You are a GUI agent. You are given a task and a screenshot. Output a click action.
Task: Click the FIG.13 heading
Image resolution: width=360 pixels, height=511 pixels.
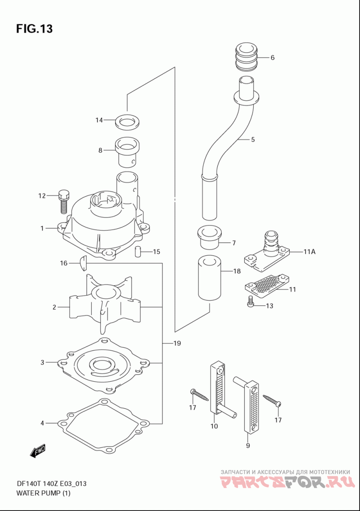[x=34, y=29]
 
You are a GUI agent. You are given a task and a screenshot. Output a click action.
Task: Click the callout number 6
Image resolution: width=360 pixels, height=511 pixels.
[x=272, y=58]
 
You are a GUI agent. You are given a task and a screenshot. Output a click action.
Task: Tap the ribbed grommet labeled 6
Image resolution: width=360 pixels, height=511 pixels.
[x=246, y=57]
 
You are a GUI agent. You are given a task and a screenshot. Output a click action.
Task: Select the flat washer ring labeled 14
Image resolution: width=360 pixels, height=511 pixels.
[x=127, y=121]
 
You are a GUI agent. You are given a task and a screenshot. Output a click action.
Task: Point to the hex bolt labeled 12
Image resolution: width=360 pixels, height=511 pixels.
[x=63, y=201]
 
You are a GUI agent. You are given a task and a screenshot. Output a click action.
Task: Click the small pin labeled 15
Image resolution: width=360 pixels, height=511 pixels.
[x=138, y=252]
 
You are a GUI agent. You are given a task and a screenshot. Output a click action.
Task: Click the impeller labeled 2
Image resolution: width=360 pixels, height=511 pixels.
[x=104, y=304]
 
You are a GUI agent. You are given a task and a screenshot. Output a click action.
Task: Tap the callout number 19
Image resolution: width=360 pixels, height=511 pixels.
[x=177, y=343]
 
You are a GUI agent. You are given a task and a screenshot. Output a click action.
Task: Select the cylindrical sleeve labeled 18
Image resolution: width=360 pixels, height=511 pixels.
[x=210, y=278]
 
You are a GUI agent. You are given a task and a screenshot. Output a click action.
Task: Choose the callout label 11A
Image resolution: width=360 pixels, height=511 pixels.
[x=310, y=252]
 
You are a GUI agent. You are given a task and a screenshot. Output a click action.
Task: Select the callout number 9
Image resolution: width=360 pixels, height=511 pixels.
[x=248, y=446]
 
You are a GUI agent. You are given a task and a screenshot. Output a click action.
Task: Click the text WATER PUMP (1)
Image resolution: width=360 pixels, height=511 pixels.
[x=43, y=493]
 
